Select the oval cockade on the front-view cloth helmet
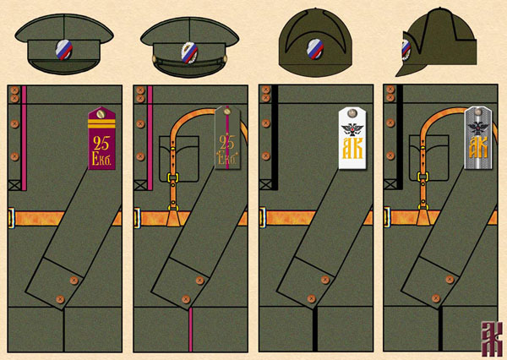pos(315,49)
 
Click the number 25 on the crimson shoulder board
pos(101,139)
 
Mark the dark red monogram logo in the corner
pos(489,339)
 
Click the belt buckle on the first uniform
pos(11,218)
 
